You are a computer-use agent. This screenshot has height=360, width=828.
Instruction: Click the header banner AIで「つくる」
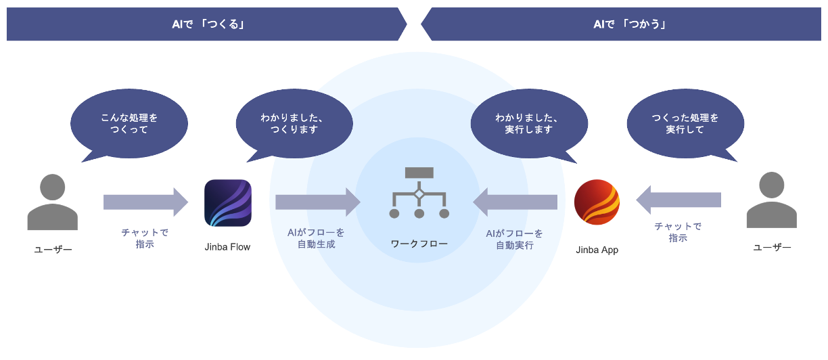pyautogui.click(x=206, y=24)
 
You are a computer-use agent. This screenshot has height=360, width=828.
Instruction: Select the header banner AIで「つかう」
pyautogui.click(x=621, y=24)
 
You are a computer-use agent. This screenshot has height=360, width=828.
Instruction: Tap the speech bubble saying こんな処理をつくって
pyautogui.click(x=129, y=124)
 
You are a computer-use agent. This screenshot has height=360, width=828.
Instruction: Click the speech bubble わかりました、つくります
pyautogui.click(x=294, y=124)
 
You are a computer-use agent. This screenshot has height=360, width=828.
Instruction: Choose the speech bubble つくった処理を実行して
pyautogui.click(x=685, y=124)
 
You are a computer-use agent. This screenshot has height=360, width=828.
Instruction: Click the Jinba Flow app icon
pyautogui.click(x=228, y=203)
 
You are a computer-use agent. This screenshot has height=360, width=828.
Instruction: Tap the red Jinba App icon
pyautogui.click(x=597, y=203)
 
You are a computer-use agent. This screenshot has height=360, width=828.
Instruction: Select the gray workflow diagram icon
pyautogui.click(x=419, y=193)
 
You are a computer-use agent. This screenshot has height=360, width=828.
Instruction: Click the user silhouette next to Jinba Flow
pyautogui.click(x=53, y=202)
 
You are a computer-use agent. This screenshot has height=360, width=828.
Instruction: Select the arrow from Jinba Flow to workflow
pyautogui.click(x=318, y=202)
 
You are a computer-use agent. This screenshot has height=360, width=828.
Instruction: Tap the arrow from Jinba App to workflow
pyautogui.click(x=515, y=202)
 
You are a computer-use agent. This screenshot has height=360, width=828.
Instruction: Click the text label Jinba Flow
pyautogui.click(x=227, y=247)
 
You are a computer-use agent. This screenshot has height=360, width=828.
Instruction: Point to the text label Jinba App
pyautogui.click(x=597, y=250)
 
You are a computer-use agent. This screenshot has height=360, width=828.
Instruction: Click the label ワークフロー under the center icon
pyautogui.click(x=419, y=243)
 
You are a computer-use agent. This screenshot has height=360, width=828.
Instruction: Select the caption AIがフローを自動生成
pyautogui.click(x=317, y=238)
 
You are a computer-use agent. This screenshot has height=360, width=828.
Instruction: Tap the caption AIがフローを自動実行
pyautogui.click(x=514, y=239)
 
